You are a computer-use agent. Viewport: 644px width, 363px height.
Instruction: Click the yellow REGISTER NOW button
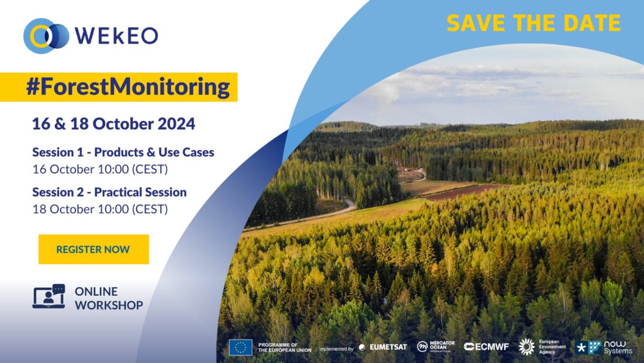[x=94, y=249]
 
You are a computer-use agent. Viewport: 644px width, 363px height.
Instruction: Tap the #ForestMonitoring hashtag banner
[x=119, y=87]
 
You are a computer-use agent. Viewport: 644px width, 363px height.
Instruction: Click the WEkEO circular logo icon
[x=46, y=35]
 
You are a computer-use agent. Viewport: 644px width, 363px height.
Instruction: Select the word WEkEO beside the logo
[x=116, y=36]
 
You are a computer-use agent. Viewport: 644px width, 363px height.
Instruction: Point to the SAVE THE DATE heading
[x=534, y=23]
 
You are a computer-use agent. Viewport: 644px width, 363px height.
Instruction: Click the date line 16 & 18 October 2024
[x=114, y=124]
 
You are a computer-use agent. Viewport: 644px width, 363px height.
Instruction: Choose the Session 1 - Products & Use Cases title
[x=123, y=152]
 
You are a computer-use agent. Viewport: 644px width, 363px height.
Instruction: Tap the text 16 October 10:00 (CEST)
[x=100, y=169]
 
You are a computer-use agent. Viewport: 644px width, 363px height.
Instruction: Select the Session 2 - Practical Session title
[x=109, y=192]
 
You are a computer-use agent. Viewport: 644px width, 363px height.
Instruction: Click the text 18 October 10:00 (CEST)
[x=100, y=209]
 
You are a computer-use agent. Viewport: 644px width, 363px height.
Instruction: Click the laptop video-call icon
[x=49, y=296]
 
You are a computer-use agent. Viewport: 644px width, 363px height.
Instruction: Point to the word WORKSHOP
[x=109, y=305]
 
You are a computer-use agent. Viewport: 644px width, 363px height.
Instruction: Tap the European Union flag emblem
[x=240, y=347]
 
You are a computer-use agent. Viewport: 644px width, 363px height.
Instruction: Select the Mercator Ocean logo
[x=436, y=346]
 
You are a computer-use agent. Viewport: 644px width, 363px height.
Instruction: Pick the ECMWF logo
[x=486, y=347]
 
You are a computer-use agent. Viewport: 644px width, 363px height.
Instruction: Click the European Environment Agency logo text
[x=552, y=347]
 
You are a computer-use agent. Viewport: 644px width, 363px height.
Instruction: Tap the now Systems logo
[x=603, y=347]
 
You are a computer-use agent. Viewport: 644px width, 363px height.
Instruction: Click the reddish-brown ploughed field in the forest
[x=466, y=192]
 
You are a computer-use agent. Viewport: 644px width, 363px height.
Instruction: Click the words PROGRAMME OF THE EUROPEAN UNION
[x=284, y=347]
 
